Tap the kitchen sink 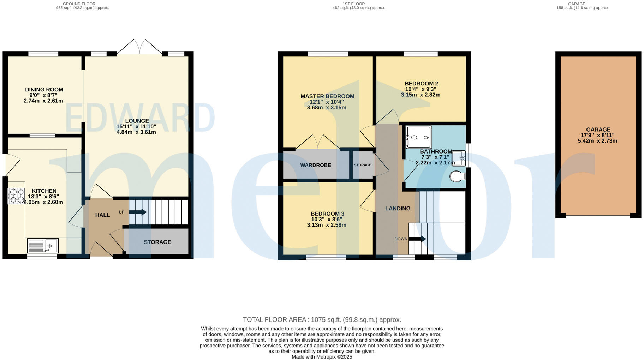43,246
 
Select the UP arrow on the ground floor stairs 138,212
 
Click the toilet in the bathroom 458,176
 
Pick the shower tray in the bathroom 418,137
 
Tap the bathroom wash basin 459,158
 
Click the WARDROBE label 316,165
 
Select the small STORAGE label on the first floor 363,165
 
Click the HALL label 102,215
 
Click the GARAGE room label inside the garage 598,130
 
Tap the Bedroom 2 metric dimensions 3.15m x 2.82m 421,95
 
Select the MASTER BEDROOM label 327,96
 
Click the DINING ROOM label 44,90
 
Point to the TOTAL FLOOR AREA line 322,320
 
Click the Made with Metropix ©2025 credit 322,357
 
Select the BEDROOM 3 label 327,214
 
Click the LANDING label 398,209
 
